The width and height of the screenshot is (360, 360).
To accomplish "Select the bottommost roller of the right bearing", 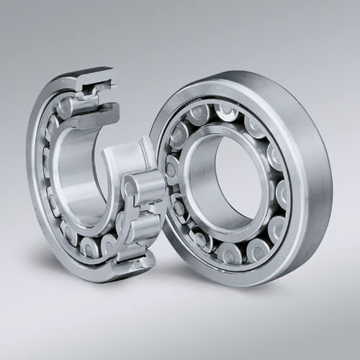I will [x=230, y=253].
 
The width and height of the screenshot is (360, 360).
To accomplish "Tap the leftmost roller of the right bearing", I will [x=171, y=170].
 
